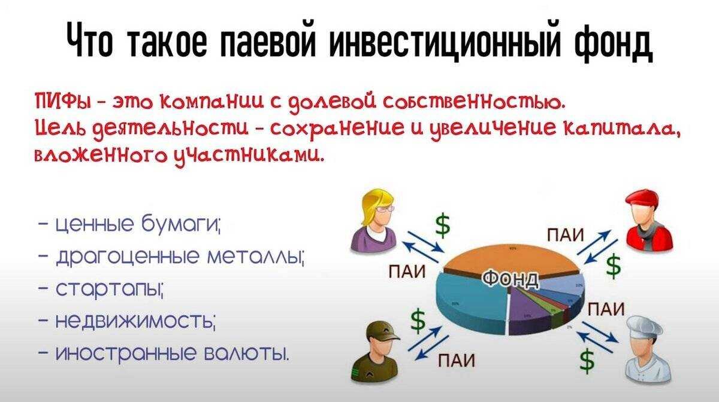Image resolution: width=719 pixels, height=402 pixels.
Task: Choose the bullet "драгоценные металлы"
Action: (180, 260)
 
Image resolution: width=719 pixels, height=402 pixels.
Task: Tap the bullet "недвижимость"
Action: (135, 324)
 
